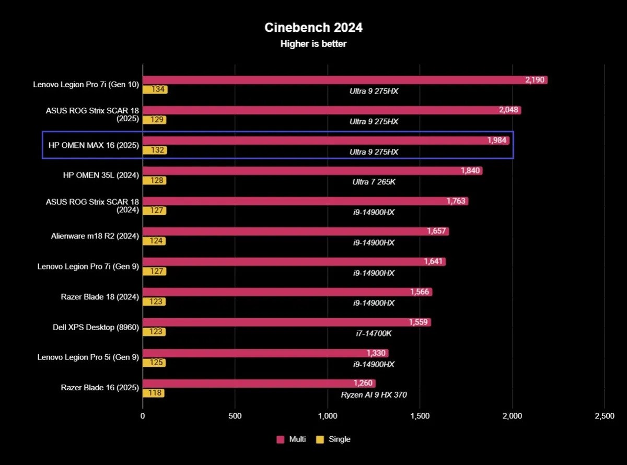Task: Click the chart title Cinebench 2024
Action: (313, 27)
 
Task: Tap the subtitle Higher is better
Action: (313, 44)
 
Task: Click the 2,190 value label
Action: (535, 80)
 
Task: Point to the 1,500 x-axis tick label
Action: (420, 416)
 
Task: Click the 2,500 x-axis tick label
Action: (604, 416)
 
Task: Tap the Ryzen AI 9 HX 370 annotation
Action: (374, 394)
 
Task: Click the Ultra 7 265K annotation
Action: (374, 182)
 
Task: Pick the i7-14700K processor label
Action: (374, 333)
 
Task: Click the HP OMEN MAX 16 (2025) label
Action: (94, 145)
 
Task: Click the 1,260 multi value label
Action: (363, 383)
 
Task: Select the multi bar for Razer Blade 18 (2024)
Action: (287, 292)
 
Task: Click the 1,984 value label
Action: (497, 141)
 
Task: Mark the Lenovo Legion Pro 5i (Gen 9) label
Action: (88, 357)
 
